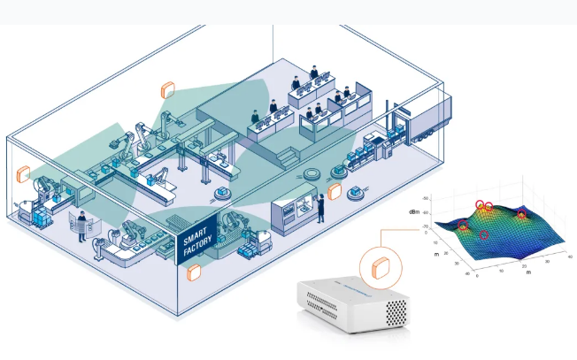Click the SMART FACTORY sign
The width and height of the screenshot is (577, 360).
coord(192,236)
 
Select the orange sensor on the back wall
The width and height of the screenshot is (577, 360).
coord(167,90)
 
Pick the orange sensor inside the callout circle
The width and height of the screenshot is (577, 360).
coord(381,267)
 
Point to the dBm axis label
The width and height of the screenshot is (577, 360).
coord(415,213)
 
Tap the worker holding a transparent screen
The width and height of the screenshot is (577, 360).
coord(81,222)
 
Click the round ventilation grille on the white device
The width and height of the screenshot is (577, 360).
coord(396,311)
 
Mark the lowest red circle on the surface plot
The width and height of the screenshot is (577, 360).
coord(484,235)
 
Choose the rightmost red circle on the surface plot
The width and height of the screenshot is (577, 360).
coord(522,215)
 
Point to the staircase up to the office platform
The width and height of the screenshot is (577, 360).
coord(287,156)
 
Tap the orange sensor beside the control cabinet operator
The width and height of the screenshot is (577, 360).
coord(335,190)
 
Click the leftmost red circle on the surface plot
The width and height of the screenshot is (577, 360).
coord(464,226)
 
